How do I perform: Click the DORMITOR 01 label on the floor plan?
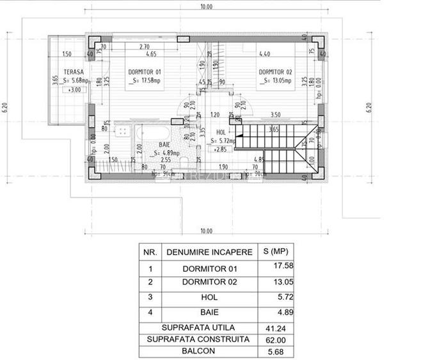(x=145, y=72)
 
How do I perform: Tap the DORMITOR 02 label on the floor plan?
(x=276, y=72)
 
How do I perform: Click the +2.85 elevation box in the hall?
(x=220, y=148)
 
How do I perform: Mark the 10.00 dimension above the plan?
(x=205, y=7)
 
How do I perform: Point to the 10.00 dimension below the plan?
(x=205, y=230)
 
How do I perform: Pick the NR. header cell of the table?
(x=150, y=252)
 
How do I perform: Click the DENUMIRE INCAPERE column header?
(x=209, y=252)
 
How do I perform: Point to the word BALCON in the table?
(x=198, y=350)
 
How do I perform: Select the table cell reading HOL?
(x=209, y=297)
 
